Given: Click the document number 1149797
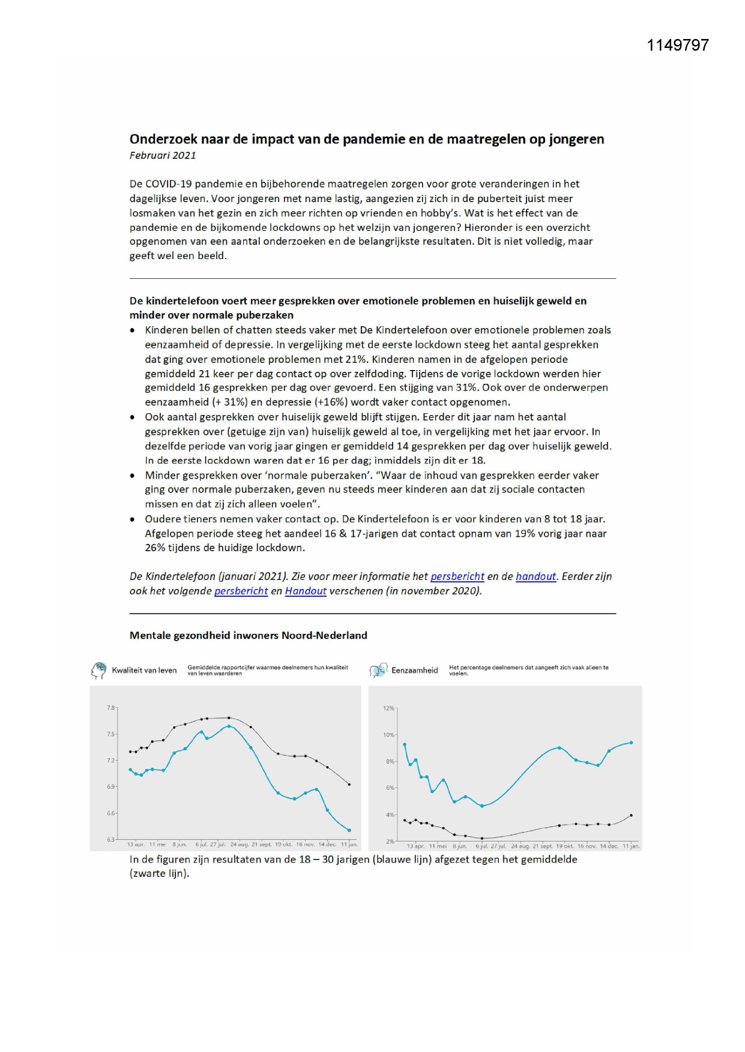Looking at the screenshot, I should [678, 46].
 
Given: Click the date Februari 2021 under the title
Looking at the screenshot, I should [163, 155].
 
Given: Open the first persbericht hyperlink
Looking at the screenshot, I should [457, 576].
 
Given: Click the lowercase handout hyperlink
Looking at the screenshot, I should [535, 576].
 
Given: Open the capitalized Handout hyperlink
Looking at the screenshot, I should [306, 591].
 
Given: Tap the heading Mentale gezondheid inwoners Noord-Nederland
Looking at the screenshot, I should [248, 635].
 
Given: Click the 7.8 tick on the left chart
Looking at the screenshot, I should [110, 708].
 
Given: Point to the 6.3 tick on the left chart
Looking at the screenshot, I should [110, 839].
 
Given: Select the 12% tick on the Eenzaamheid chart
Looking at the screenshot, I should [388, 708].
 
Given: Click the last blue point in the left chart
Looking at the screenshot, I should [349, 830].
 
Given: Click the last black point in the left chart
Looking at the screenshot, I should [349, 784].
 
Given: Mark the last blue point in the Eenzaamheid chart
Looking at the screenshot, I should [631, 743].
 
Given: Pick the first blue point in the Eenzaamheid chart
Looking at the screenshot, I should [405, 744].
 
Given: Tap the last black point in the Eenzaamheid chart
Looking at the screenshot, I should [631, 815].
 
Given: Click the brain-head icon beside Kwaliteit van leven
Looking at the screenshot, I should [98, 670].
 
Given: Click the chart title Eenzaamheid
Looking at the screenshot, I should [414, 671].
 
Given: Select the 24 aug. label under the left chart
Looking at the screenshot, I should [239, 844].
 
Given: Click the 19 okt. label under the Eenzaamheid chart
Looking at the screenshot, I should [565, 846].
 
